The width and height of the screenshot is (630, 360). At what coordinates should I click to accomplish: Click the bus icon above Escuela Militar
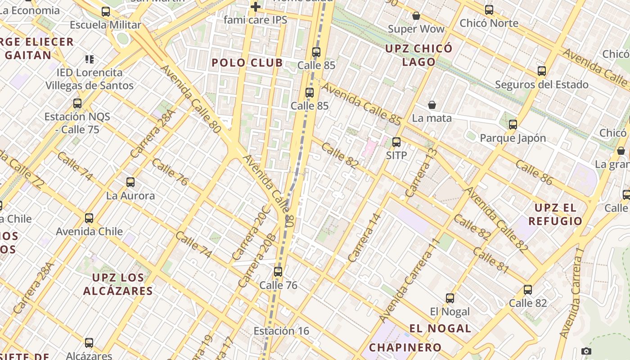[x=106, y=12]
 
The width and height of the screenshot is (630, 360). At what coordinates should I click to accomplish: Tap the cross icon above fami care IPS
[x=256, y=7]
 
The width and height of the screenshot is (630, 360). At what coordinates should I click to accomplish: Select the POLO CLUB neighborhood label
[x=247, y=63]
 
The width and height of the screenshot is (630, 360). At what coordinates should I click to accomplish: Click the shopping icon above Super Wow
[x=416, y=16]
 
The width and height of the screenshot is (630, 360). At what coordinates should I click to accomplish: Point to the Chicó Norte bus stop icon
[x=489, y=9]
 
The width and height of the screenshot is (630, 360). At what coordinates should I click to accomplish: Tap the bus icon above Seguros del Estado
[x=542, y=71]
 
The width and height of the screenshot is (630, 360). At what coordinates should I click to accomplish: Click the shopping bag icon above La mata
[x=432, y=105]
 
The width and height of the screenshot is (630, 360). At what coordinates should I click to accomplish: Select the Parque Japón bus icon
[x=513, y=125]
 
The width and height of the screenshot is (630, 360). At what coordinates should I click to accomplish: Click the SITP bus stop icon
[x=396, y=142]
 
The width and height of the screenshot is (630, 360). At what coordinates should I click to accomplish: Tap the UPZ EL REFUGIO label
[x=555, y=214]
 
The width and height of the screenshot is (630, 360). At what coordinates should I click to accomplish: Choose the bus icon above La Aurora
[x=130, y=182]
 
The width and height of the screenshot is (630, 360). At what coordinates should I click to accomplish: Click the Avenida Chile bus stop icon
[x=89, y=218]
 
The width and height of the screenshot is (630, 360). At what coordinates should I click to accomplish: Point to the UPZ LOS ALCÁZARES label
[x=118, y=284]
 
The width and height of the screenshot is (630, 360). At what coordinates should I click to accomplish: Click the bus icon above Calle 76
[x=278, y=272]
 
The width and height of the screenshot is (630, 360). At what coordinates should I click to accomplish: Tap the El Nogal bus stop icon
[x=450, y=298]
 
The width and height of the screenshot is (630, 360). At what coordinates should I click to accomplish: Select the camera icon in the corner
[x=586, y=351]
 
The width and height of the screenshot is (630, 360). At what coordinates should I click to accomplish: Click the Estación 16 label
[x=281, y=331]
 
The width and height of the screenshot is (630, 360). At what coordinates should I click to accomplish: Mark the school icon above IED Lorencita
[x=89, y=59]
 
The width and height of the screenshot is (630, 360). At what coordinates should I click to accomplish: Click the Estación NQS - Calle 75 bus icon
[x=77, y=103]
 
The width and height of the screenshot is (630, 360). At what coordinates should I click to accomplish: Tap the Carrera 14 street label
[x=364, y=238]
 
